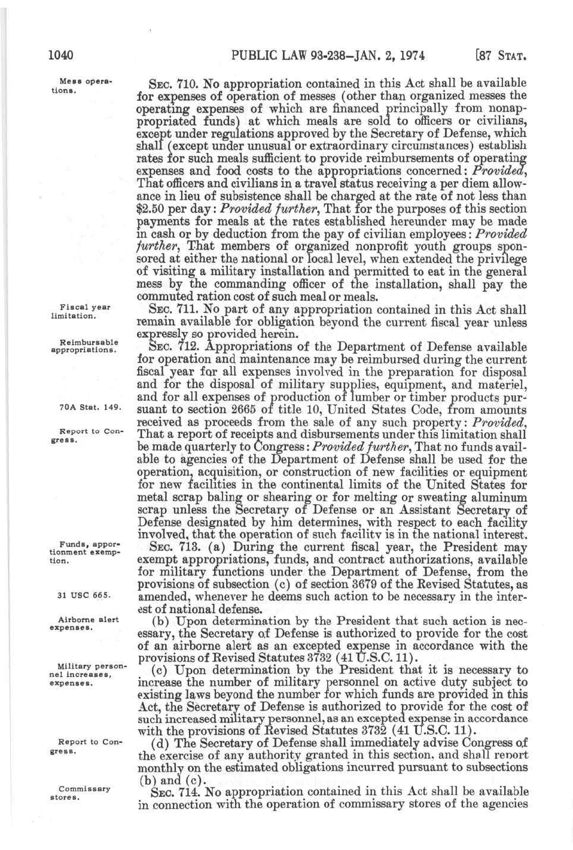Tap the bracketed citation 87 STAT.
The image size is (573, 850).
(500, 56)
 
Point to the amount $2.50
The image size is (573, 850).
(150, 209)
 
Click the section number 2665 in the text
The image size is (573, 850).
(243, 410)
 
